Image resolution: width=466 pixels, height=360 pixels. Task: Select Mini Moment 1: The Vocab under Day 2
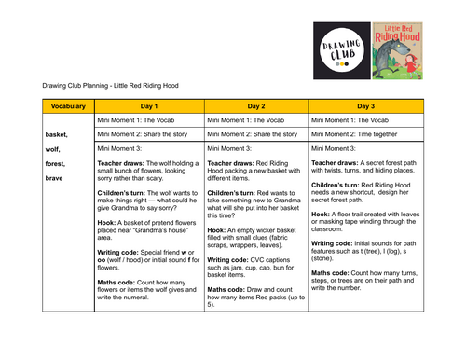(245, 120)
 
